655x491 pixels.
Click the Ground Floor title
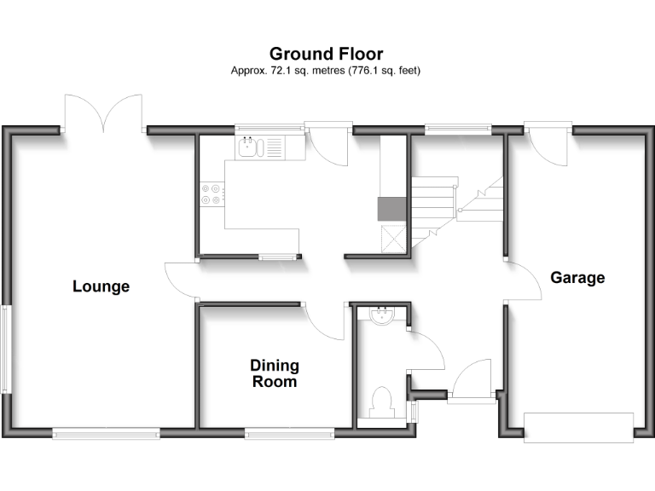tap(327, 55)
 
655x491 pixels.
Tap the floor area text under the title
tap(327, 71)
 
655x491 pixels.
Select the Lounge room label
tap(101, 286)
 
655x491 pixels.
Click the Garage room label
tap(577, 278)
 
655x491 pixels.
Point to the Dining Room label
tap(274, 373)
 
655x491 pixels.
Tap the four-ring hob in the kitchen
tap(211, 195)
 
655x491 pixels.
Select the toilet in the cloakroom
tap(381, 401)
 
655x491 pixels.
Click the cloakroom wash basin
tap(380, 316)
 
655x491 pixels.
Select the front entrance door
tap(472, 380)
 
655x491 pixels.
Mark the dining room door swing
tap(325, 322)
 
